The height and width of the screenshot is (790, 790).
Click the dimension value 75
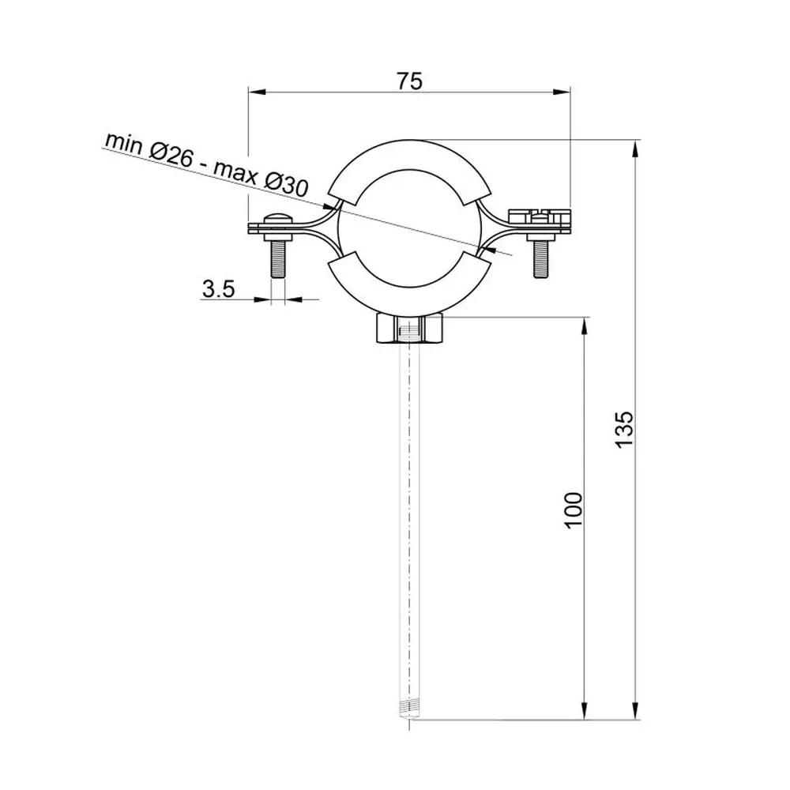409,81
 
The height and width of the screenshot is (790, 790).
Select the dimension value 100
574,510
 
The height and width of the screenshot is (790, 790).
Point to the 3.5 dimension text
219,289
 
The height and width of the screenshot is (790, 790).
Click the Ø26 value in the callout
171,154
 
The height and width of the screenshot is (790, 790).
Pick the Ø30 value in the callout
286,183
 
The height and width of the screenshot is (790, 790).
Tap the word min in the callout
124,143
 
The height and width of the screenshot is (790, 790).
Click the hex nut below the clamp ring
409,329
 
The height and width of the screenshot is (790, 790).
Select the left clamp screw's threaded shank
277,259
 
